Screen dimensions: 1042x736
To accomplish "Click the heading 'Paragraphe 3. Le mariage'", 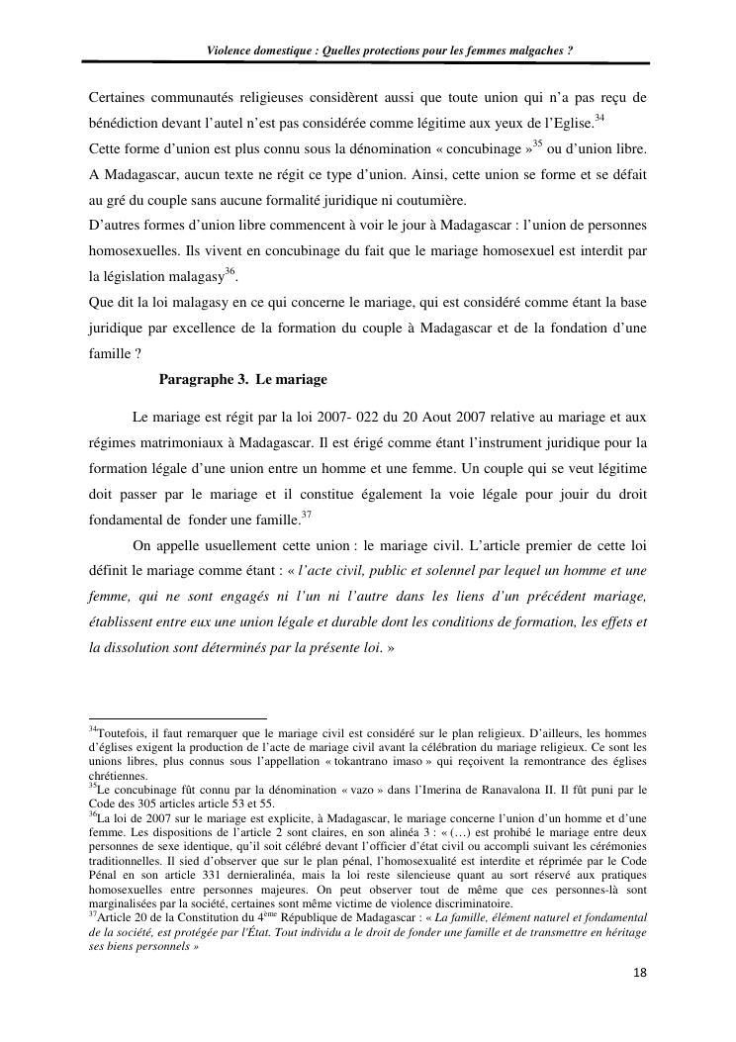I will pos(242,380).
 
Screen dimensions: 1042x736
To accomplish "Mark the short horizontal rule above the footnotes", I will pos(177,719).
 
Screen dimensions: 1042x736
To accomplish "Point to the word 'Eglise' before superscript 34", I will pos(571,124).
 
